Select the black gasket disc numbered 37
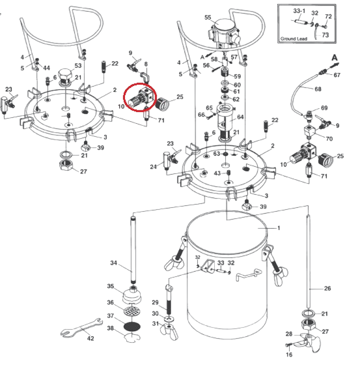point(132,326)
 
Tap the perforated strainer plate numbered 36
point(132,311)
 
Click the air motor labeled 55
point(224,33)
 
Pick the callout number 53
point(78,65)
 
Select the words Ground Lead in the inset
point(294,38)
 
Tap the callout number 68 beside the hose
point(318,89)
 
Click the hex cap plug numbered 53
point(65,76)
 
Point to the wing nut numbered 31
point(169,330)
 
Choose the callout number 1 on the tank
point(279,227)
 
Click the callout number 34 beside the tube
point(113,263)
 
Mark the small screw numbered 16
point(288,345)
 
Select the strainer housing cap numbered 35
point(132,295)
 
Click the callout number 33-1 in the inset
point(299,11)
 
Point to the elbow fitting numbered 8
point(145,78)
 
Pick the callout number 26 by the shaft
point(327,288)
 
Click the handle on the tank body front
point(249,274)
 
